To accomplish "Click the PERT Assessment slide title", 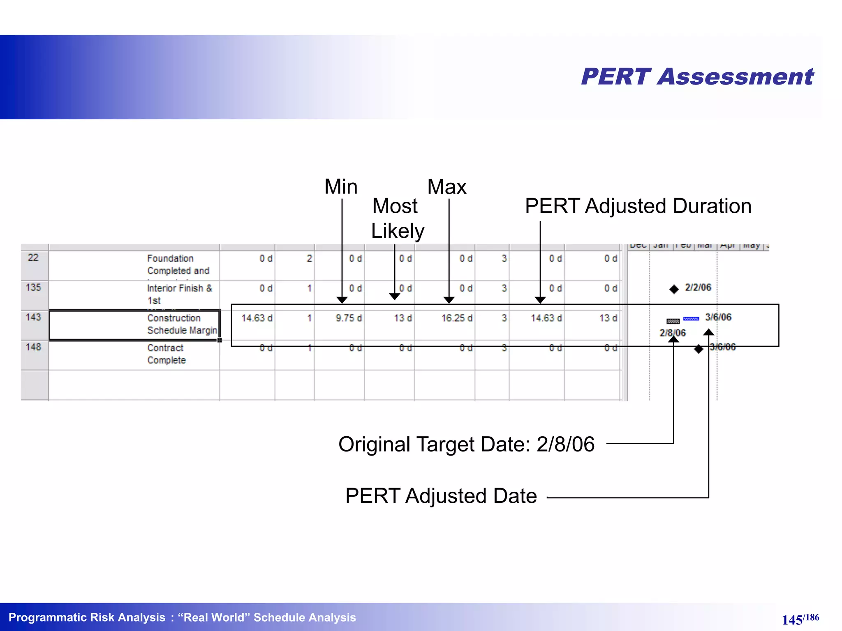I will click(697, 77).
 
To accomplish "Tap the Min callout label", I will click(341, 187).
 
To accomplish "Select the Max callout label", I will click(447, 187).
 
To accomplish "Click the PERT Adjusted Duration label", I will click(638, 206).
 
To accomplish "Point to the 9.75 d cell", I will click(349, 318).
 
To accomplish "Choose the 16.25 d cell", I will click(457, 318).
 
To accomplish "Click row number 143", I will click(33, 317).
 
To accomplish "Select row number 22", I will click(33, 258).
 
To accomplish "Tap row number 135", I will click(33, 287).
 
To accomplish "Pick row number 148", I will click(33, 347).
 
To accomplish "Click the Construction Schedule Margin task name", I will click(182, 324).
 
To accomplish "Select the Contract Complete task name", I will click(167, 354).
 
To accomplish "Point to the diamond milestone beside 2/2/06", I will click(674, 289).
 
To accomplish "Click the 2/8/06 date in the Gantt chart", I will click(673, 333).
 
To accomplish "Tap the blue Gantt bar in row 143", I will click(691, 319).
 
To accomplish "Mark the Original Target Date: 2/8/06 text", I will click(466, 444).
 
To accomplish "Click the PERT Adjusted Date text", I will click(441, 496).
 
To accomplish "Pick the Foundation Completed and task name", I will click(178, 265).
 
